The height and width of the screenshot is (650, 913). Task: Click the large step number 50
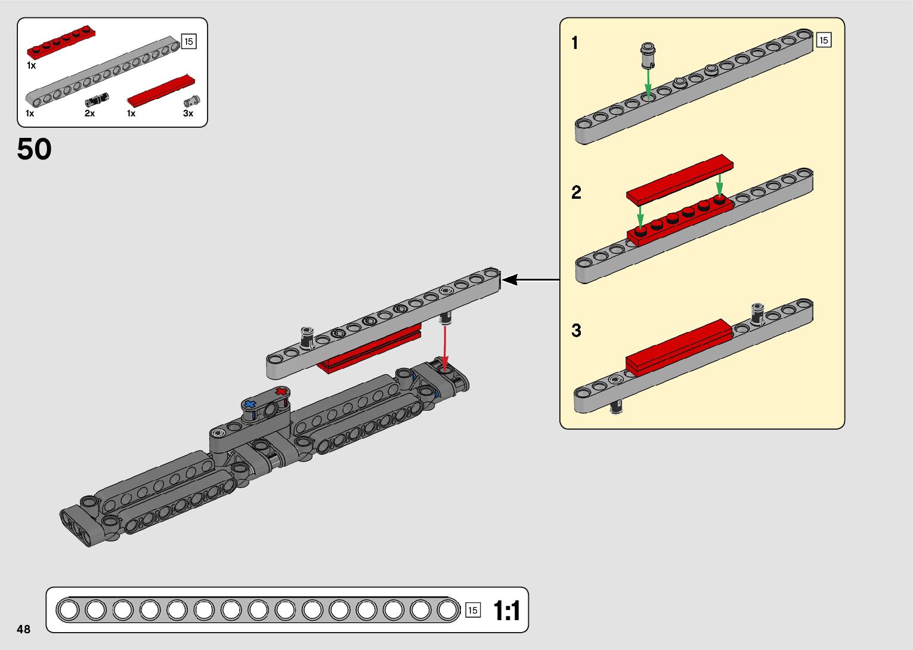35,149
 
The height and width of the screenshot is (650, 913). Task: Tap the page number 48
24,629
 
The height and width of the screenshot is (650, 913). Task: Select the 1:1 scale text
506,611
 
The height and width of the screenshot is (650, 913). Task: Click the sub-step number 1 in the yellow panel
574,43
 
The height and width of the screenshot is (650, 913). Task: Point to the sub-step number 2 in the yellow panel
576,193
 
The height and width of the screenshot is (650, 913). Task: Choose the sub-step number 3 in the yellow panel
576,330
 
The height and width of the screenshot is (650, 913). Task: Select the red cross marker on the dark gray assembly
281,392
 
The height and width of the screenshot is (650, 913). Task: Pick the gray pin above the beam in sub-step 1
648,54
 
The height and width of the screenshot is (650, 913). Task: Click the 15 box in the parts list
188,42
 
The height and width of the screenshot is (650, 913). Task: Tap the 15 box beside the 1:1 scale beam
473,610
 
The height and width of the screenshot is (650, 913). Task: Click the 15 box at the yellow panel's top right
824,41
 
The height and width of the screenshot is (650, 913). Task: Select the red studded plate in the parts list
61,42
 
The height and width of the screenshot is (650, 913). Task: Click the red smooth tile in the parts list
161,91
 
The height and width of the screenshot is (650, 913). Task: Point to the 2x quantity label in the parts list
89,113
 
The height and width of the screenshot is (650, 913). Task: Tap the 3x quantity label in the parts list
188,113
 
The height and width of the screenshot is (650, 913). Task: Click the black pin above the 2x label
96,99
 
